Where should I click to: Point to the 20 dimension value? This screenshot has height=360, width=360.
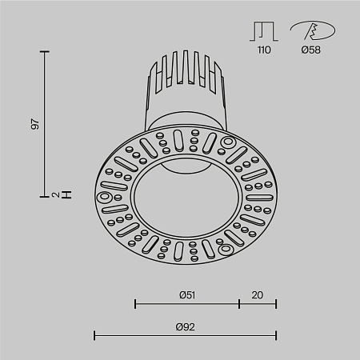(x=257, y=294)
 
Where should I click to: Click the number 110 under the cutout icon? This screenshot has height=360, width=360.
(x=264, y=50)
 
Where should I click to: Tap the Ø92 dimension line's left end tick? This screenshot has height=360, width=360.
(x=96, y=335)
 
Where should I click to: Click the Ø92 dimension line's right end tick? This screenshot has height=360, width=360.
(x=276, y=335)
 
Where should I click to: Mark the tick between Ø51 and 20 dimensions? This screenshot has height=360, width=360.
(x=239, y=303)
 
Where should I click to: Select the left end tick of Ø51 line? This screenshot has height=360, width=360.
(x=135, y=303)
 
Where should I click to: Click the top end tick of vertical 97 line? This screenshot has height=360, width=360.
(x=44, y=52)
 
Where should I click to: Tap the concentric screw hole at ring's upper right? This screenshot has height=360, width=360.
(x=229, y=144)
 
